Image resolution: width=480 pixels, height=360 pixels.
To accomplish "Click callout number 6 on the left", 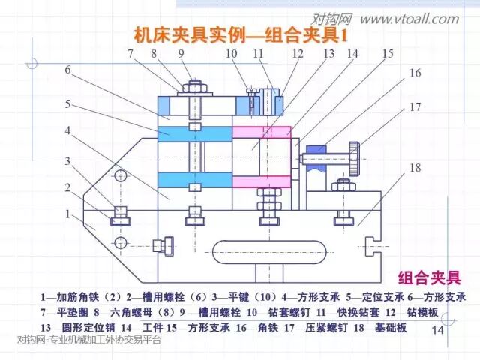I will pyautogui.click(x=67, y=70).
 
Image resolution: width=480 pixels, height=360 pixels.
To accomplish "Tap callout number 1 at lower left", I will pyautogui.click(x=67, y=214).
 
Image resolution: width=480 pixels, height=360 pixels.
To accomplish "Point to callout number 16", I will pyautogui.click(x=414, y=73).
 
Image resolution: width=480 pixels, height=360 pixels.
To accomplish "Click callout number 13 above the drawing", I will pyautogui.click(x=328, y=54).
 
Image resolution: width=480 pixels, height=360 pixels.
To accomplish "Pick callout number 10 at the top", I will pyautogui.click(x=231, y=54).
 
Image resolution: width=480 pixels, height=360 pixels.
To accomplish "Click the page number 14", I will pyautogui.click(x=438, y=330).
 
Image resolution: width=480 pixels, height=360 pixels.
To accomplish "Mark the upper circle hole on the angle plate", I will pyautogui.click(x=120, y=176).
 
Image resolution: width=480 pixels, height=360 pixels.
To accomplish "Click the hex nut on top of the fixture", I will pyautogui.click(x=192, y=86).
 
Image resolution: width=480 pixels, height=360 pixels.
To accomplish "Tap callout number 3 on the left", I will pyautogui.click(x=67, y=160).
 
